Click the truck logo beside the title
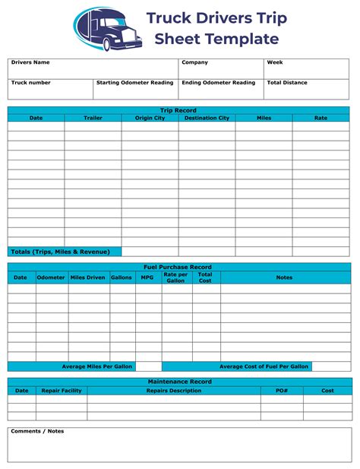(107, 29)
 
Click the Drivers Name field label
(30, 62)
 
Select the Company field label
(194, 62)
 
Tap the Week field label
(275, 62)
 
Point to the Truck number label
(30, 82)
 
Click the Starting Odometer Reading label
(135, 82)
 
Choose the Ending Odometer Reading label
(219, 82)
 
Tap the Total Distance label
(287, 82)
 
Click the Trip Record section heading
(179, 110)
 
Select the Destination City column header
(207, 118)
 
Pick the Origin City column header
(150, 118)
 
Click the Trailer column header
(93, 118)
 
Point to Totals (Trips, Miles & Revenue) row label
(60, 251)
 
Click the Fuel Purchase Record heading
(179, 267)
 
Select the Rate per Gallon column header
(175, 277)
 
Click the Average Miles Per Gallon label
(96, 366)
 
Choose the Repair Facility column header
(61, 390)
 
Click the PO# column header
(281, 390)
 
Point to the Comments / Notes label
(37, 431)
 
